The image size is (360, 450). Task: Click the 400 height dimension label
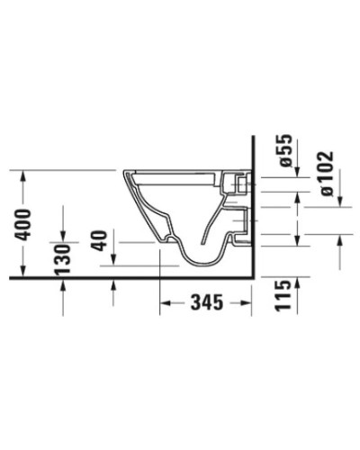coord(24,226)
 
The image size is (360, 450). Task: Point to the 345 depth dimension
coord(206,304)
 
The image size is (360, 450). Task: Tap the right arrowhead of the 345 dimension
coord(249,304)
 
